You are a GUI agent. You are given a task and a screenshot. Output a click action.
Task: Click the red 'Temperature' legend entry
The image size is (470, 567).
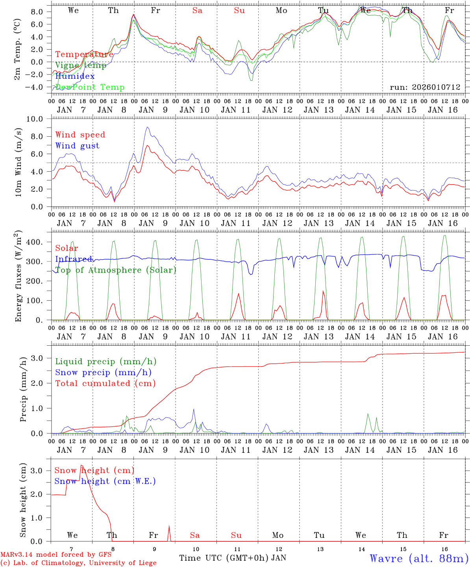click(84, 54)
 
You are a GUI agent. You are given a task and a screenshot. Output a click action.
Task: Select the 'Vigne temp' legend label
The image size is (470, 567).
click(81, 65)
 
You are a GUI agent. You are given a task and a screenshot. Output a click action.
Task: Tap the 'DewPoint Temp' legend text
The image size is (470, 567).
click(90, 87)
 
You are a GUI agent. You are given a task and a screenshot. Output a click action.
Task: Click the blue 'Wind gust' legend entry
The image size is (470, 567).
click(77, 146)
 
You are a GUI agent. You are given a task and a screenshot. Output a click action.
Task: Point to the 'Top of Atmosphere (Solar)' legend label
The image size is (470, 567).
click(115, 270)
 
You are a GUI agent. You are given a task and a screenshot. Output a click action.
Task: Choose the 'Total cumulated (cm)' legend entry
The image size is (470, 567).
click(105, 384)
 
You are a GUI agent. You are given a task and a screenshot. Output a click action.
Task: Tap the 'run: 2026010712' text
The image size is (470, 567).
click(425, 87)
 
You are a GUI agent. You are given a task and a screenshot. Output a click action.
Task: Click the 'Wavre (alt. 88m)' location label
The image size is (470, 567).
click(419, 558)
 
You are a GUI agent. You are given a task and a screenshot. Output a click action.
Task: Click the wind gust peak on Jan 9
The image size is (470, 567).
click(147, 127)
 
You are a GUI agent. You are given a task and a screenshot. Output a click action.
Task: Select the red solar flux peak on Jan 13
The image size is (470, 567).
click(323, 292)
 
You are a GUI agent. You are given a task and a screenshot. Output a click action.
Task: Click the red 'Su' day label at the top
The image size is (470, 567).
click(239, 11)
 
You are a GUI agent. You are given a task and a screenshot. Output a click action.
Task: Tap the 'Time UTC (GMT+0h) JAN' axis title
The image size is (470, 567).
click(232, 558)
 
